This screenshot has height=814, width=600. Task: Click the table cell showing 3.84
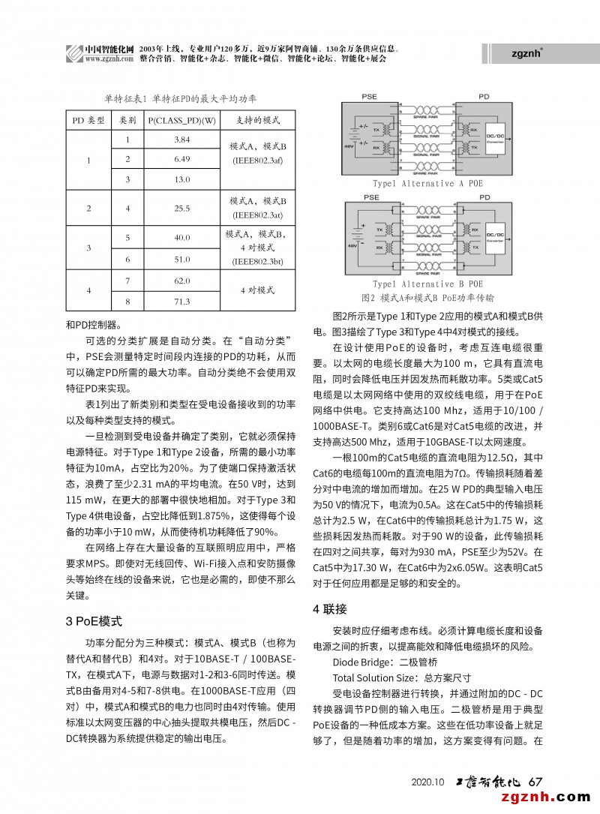(x=182, y=140)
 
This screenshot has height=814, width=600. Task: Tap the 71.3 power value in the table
(x=182, y=302)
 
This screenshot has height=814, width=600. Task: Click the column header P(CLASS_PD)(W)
(x=182, y=120)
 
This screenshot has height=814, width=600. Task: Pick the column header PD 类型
(x=88, y=120)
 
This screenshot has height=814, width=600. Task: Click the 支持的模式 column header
(x=257, y=120)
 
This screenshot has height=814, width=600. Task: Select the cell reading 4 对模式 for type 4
(x=257, y=289)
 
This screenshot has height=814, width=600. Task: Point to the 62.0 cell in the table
(x=182, y=280)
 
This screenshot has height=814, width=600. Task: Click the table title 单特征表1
(x=180, y=98)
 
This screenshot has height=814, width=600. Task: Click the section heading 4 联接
(x=329, y=608)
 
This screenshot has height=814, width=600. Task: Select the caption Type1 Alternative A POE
(x=427, y=183)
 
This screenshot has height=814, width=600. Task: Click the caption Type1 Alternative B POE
(x=427, y=284)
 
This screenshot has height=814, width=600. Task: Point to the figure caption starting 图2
(x=427, y=297)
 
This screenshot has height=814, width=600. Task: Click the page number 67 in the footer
(x=535, y=782)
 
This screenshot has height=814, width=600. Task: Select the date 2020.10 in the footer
(x=428, y=782)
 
